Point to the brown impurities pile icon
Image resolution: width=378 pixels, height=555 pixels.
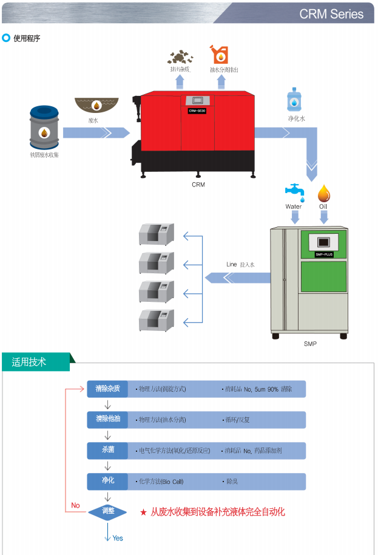click(x=180, y=57)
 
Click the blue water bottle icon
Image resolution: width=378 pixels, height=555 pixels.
click(x=295, y=99)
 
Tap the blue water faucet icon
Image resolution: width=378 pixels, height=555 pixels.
click(x=295, y=191)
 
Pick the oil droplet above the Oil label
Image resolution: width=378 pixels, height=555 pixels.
click(x=324, y=193)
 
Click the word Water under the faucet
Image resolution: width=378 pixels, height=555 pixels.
click(x=294, y=206)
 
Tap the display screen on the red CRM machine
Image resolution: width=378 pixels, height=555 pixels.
click(x=197, y=101)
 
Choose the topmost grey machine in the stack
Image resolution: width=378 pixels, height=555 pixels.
click(x=156, y=234)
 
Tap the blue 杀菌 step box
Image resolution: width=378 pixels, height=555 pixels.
click(x=107, y=451)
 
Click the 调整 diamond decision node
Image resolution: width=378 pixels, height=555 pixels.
click(x=107, y=511)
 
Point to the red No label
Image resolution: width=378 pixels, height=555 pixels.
click(x=75, y=505)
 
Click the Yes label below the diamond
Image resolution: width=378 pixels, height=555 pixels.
click(x=118, y=538)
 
